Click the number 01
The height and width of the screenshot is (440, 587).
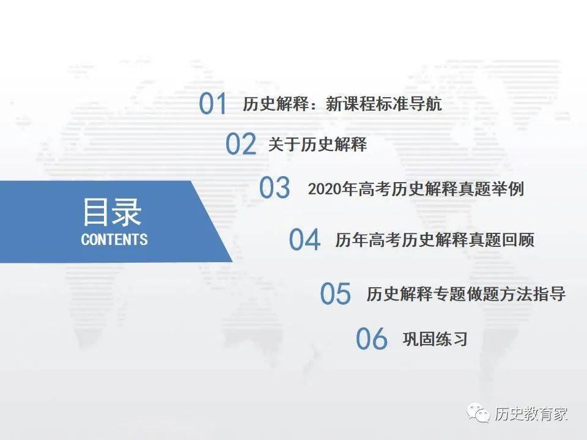coord(213,103)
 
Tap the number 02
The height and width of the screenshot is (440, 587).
coord(241,144)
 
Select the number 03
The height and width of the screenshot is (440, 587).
coord(275,188)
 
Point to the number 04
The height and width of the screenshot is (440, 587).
coord(305,240)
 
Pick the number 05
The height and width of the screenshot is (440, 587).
coord(336,293)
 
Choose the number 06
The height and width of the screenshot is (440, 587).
coord(371,339)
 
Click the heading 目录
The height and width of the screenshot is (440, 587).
coord(111,212)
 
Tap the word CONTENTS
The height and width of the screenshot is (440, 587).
coord(114,240)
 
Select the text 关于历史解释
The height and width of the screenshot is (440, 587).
coord(317,144)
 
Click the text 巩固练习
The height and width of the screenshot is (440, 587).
coord(435,339)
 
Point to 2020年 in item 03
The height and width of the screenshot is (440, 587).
coord(333,189)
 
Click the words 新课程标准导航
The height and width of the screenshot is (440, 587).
coord(384,104)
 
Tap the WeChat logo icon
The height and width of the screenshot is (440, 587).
coord(478,413)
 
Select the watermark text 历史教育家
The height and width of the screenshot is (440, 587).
coord(531,414)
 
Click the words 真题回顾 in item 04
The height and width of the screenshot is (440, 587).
coord(501,240)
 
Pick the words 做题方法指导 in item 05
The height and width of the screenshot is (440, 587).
coord(517,294)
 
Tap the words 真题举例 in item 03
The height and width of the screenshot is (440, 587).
coord(491,189)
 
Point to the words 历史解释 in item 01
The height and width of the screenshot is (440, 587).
coord(276,104)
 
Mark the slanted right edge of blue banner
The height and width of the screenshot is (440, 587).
coord(212,221)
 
